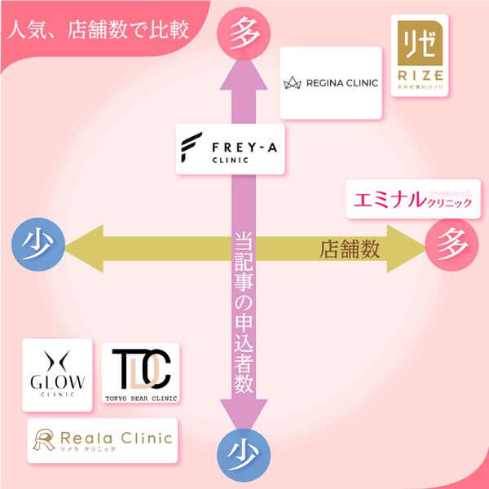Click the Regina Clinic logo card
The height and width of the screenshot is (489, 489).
point(331,82)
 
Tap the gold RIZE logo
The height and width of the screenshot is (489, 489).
point(419,53)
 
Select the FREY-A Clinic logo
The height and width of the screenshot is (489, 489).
point(231,149)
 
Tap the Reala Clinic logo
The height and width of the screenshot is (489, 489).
point(102,441)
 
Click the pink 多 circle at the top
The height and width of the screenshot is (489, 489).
point(243,33)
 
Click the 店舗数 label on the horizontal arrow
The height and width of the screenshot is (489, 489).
point(349,249)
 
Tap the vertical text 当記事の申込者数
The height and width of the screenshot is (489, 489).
point(243,310)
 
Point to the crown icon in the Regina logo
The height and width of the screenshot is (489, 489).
point(293,83)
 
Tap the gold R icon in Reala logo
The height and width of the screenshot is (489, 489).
point(43,441)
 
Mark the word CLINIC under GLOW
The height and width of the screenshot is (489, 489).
point(57,394)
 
